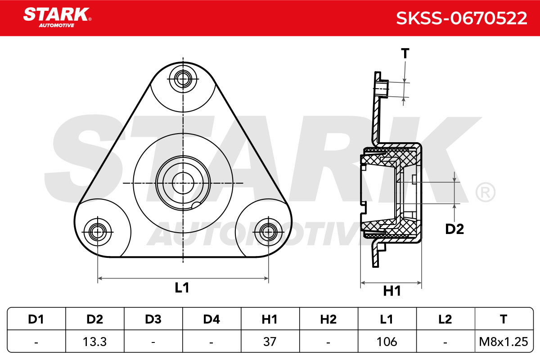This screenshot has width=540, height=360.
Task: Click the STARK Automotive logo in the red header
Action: (57, 18)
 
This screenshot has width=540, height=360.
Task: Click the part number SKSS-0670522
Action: (462, 18)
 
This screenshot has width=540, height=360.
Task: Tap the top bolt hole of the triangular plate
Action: (183, 79)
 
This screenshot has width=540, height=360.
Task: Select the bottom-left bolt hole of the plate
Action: (97, 232)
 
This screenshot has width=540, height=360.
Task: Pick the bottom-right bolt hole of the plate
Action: (268, 232)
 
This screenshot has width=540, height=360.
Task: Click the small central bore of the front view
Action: (183, 183)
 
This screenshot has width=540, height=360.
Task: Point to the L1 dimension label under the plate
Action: (182, 288)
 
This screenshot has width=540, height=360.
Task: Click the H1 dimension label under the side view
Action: (392, 291)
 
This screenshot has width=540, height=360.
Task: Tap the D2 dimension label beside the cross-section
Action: (454, 229)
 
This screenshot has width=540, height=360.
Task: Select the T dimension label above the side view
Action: (405, 53)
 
